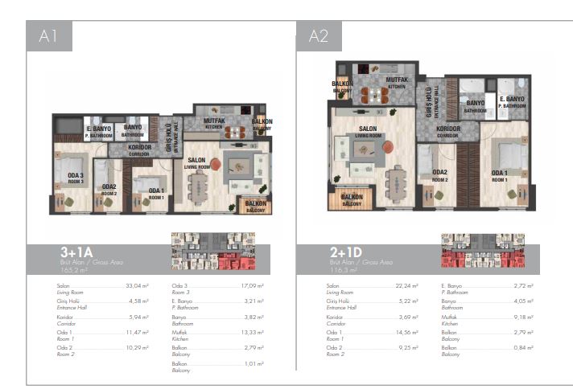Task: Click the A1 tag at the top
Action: [x=48, y=36]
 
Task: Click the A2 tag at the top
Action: [x=319, y=36]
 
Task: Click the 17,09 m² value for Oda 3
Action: [x=254, y=286]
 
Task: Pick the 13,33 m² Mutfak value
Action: [x=254, y=331]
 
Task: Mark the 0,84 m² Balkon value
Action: [x=523, y=346]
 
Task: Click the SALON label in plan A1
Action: [x=197, y=162]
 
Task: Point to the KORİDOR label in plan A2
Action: [x=448, y=129]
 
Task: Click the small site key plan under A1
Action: [x=212, y=252]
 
